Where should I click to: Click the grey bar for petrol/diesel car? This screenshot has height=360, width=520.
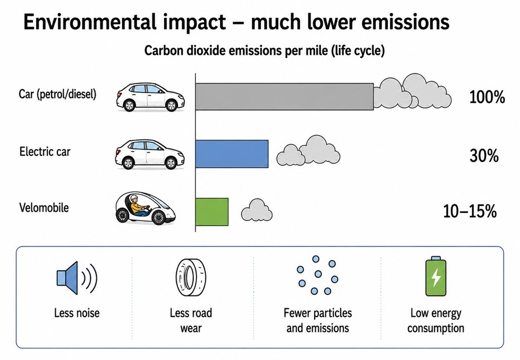pyautogui.click(x=284, y=96)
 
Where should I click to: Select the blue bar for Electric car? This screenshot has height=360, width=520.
pyautogui.click(x=232, y=154)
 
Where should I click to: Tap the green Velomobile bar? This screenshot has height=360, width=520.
pyautogui.click(x=212, y=212)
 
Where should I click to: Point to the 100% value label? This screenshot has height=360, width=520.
pyautogui.click(x=487, y=97)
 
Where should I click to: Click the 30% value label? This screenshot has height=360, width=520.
pyautogui.click(x=484, y=155)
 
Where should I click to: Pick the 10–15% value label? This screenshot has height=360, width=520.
pyautogui.click(x=470, y=211)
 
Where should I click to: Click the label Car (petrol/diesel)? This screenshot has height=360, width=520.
pyautogui.click(x=57, y=94)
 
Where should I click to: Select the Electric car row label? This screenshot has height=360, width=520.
pyautogui.click(x=45, y=152)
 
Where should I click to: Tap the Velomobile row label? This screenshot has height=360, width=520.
pyautogui.click(x=44, y=208)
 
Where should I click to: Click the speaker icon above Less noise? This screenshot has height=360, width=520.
pyautogui.click(x=76, y=278)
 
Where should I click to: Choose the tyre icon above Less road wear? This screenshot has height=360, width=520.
pyautogui.click(x=190, y=278)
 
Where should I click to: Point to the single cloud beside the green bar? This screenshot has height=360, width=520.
pyautogui.click(x=257, y=210)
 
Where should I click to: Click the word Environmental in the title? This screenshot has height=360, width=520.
pyautogui.click(x=90, y=22)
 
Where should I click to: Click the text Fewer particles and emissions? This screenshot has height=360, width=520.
pyautogui.click(x=318, y=320)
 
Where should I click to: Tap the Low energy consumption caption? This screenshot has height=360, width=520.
pyautogui.click(x=436, y=320)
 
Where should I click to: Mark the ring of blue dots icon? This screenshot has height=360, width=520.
pyautogui.click(x=317, y=275)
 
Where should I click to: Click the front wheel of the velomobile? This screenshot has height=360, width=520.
pyautogui.click(x=158, y=217)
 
